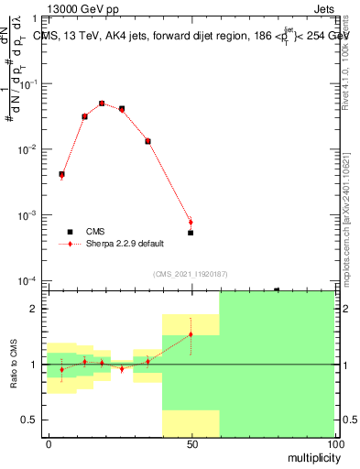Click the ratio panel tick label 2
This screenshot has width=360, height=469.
[34, 309]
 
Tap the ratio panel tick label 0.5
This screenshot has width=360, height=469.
[30, 420]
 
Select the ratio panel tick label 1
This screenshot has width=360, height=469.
[34, 365]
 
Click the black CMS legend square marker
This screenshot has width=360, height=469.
[68, 233]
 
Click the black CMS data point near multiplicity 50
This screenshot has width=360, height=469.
[191, 233]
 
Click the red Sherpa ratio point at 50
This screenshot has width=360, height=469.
[191, 334]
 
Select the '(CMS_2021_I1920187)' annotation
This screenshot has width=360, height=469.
[191, 273]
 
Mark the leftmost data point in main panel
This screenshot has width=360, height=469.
[61, 174]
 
